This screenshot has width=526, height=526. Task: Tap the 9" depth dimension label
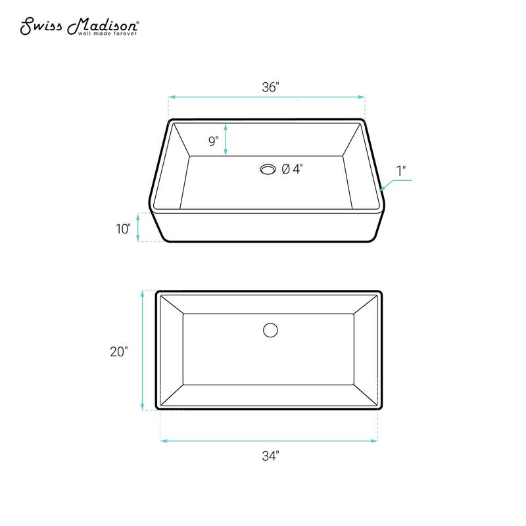[x=213, y=141]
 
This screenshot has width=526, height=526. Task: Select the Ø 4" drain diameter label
[x=292, y=169]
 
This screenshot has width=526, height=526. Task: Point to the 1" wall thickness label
[x=401, y=170]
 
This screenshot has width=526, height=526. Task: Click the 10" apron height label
[x=124, y=228]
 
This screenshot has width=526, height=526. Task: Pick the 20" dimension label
[x=118, y=351]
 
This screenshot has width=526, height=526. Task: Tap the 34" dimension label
[x=269, y=456]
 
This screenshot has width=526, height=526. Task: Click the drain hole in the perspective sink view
[x=268, y=169]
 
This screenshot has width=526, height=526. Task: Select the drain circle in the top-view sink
[x=270, y=330]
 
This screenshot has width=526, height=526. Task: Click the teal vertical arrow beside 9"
[x=226, y=139]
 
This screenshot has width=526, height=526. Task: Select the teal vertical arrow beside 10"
[x=138, y=227]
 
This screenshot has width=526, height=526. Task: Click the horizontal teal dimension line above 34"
[x=269, y=441]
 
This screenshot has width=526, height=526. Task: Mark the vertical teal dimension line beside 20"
[x=143, y=350]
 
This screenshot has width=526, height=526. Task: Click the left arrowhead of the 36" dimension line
[x=172, y=97]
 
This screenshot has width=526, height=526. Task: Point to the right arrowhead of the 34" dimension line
[x=375, y=441]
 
